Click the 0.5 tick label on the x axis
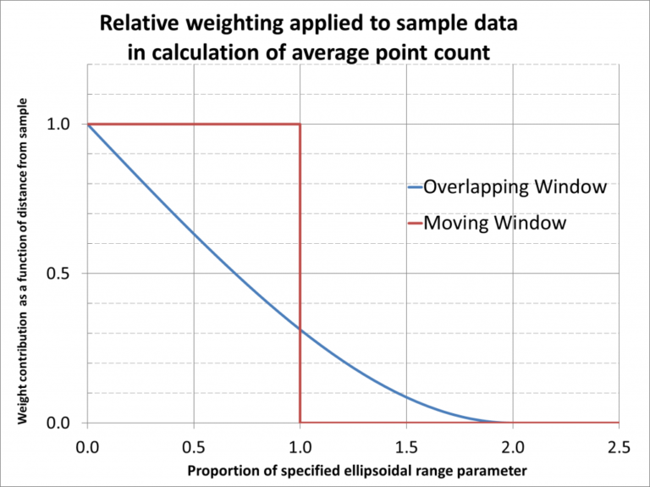pyautogui.click(x=194, y=445)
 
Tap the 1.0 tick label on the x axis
pyautogui.click(x=300, y=445)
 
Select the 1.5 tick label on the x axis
pyautogui.click(x=406, y=445)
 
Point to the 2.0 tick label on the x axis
pyautogui.click(x=513, y=445)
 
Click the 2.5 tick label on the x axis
pyautogui.click(x=618, y=445)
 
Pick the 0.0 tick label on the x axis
pyautogui.click(x=88, y=445)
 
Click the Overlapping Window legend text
pyautogui.click(x=515, y=186)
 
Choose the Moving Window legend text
pyautogui.click(x=494, y=224)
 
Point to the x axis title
pyautogui.click(x=352, y=470)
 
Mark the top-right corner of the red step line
pyautogui.click(x=300, y=125)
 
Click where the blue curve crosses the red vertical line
pyautogui.click(x=300, y=329)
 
